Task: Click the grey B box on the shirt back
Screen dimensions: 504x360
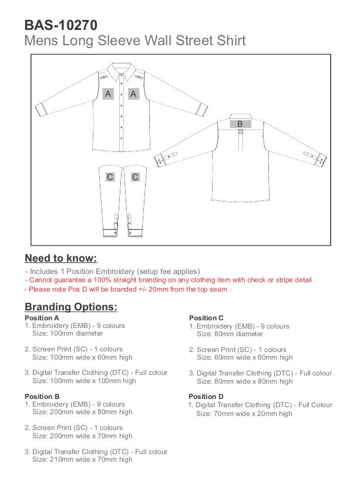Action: click(x=240, y=124)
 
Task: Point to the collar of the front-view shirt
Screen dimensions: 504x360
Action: click(x=120, y=70)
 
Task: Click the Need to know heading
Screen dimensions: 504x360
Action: click(x=60, y=258)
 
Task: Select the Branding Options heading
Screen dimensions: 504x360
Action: click(x=71, y=307)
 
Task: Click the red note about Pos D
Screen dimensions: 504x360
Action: click(x=126, y=289)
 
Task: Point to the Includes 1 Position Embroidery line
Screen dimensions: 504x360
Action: click(x=112, y=272)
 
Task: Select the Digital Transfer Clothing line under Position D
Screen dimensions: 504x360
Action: click(x=260, y=405)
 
